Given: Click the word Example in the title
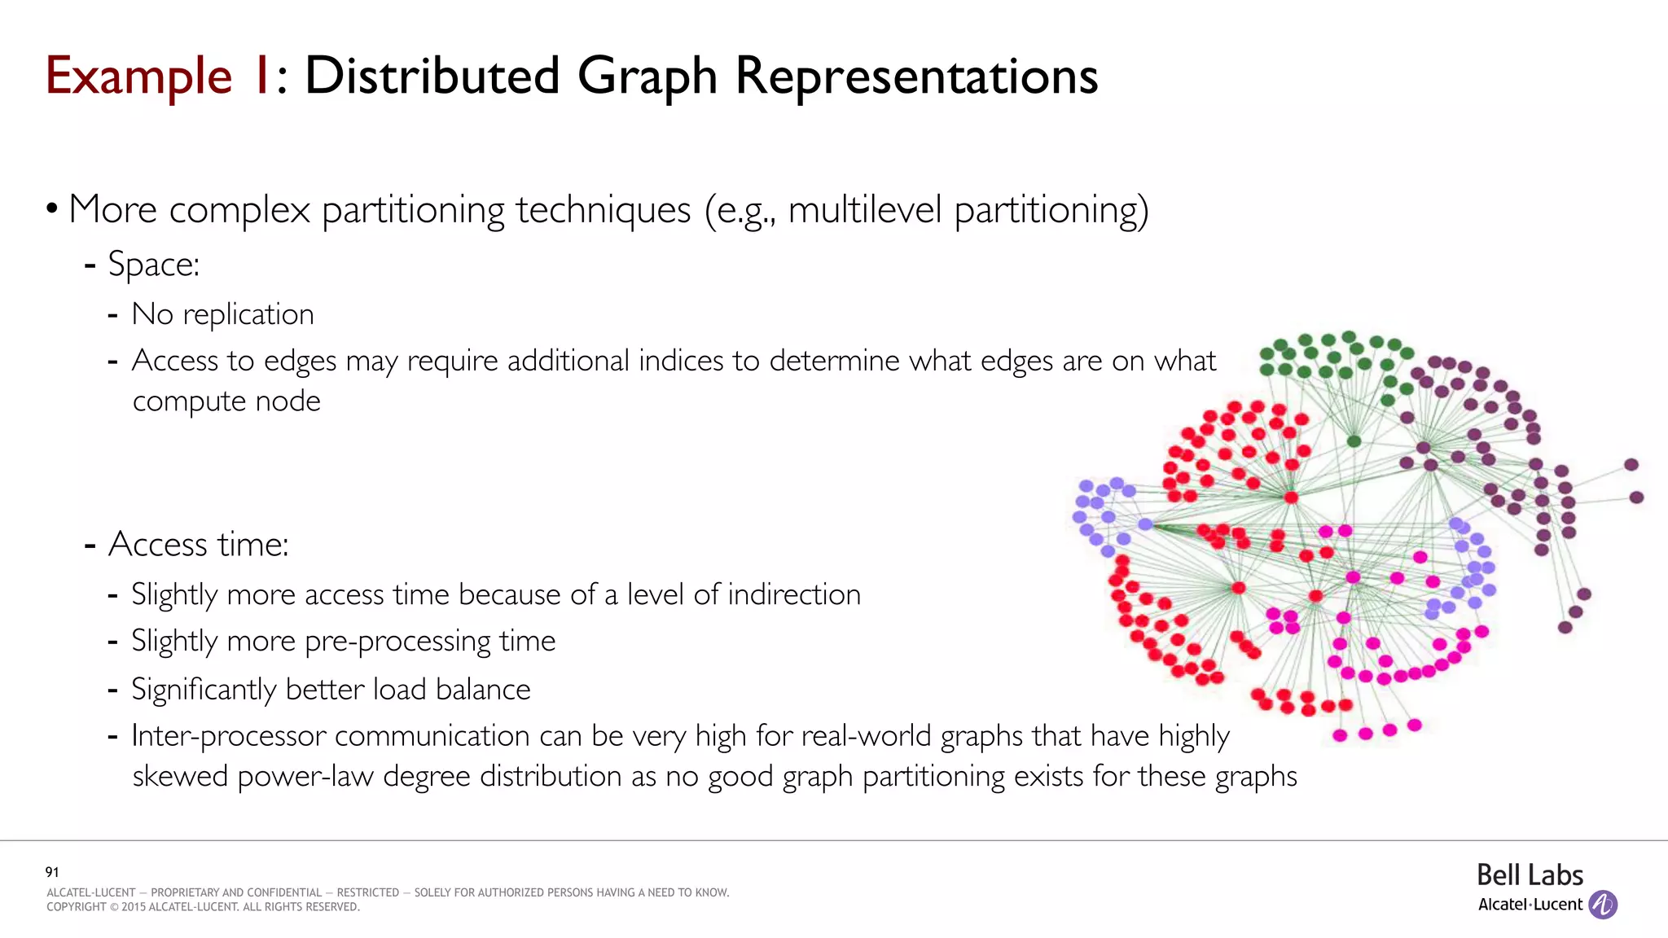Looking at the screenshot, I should pos(138,77).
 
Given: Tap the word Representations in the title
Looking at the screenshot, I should pos(916,77).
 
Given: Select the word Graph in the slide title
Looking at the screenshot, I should pos(647,77).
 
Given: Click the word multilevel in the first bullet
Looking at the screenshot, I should pos(865,210).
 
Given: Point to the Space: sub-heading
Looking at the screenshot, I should pos(153,265).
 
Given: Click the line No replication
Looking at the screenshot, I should pos(222,314).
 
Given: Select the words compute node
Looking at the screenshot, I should pos(226,401).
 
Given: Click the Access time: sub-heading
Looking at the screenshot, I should pos(198,544).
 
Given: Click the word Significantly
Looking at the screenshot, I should pos(204,690).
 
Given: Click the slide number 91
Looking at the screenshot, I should pos(52,872).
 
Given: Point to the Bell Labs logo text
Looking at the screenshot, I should pos(1530,875).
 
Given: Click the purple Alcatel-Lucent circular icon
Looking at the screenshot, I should pos(1603,905).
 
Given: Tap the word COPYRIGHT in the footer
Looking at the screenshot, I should pos(77,907).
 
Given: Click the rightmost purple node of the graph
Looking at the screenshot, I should pos(1636,497).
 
